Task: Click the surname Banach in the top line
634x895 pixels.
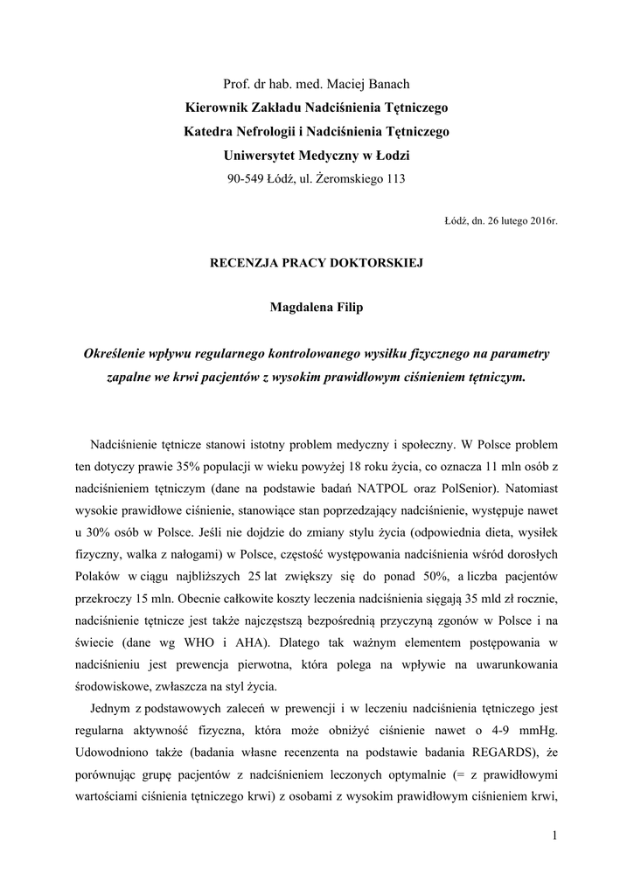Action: coord(386,84)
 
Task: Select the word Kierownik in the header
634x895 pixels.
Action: coord(215,108)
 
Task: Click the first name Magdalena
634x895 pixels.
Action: coord(301,309)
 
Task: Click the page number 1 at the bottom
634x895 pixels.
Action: coord(554,836)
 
